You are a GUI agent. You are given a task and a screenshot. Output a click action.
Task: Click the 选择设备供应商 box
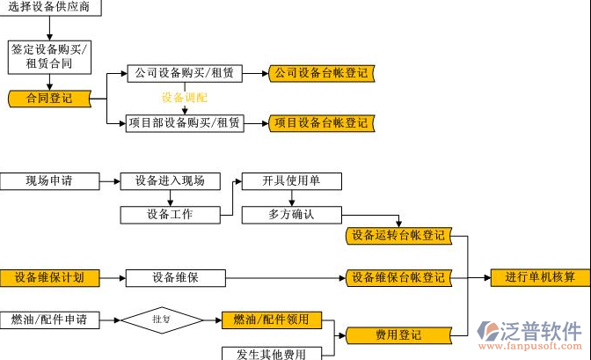click(x=49, y=8)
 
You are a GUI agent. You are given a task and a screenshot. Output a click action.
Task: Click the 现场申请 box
click(x=48, y=181)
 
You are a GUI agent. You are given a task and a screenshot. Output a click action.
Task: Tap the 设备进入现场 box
click(x=170, y=181)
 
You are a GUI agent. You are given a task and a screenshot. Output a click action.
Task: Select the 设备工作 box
click(x=170, y=214)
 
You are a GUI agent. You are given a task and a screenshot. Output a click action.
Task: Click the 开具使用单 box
click(x=291, y=181)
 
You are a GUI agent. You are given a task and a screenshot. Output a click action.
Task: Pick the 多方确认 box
click(x=291, y=214)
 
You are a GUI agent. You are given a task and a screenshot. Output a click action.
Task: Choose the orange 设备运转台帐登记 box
click(x=398, y=236)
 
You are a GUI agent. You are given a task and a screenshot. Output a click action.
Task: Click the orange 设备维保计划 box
click(x=49, y=278)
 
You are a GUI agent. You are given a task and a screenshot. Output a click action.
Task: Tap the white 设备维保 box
click(x=176, y=278)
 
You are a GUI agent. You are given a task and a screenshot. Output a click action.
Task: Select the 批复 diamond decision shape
click(x=161, y=319)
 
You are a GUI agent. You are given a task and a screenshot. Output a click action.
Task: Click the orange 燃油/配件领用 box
click(x=271, y=319)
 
